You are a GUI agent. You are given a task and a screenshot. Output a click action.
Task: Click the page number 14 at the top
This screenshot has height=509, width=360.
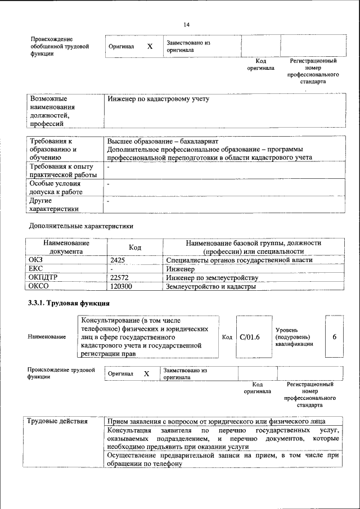[187, 25]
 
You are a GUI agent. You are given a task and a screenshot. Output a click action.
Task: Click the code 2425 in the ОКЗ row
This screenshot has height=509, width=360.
[118, 260]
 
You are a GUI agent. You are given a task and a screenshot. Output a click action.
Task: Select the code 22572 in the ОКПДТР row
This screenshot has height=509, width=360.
[119, 278]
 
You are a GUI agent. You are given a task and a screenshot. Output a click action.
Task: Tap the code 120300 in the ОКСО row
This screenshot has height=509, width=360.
[121, 287]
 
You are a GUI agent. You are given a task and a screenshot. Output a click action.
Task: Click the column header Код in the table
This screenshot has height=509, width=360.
[135, 247]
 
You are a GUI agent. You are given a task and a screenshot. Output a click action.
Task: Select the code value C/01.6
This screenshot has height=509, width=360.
[249, 337]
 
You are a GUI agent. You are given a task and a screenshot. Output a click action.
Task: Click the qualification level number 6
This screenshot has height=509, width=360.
[334, 337]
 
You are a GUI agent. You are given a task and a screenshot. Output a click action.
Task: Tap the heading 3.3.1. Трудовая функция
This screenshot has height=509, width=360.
[69, 304]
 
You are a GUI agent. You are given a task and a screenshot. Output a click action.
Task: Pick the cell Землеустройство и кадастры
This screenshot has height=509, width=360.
[211, 287]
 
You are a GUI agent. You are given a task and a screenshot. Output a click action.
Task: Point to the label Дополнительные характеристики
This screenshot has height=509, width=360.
[81, 226]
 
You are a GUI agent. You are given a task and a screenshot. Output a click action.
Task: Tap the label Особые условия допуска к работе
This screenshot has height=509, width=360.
[56, 188]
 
